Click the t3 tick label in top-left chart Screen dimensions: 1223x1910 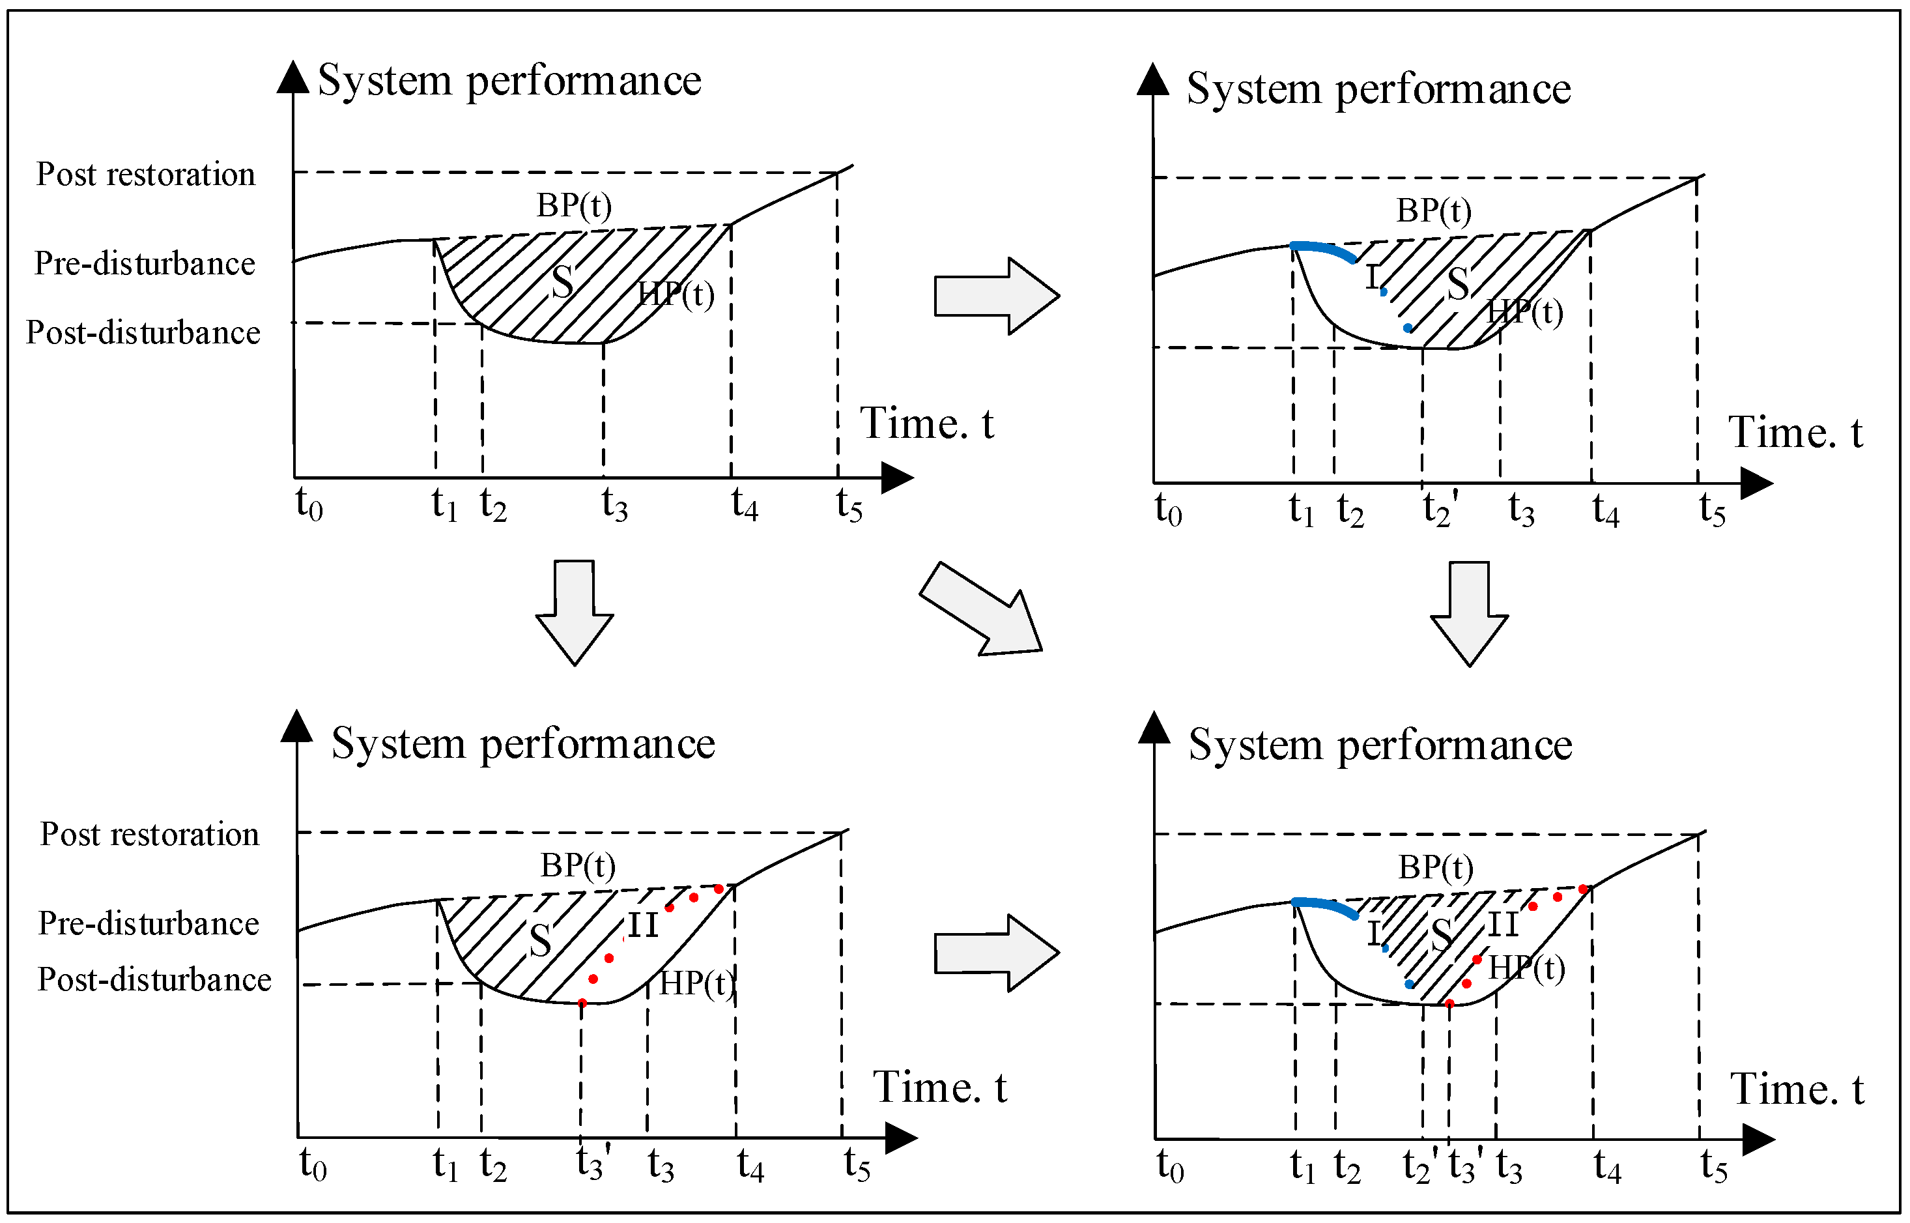[614, 504]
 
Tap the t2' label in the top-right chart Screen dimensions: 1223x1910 [1439, 508]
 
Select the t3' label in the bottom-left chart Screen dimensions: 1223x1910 [593, 1164]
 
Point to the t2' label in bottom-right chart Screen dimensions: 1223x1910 [1419, 1166]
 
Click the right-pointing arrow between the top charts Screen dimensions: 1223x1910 [996, 295]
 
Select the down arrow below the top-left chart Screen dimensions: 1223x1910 [575, 611]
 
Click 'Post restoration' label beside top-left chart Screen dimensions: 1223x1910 [146, 174]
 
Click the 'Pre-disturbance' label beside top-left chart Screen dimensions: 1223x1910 [145, 263]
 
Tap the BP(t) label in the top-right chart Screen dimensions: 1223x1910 [1434, 210]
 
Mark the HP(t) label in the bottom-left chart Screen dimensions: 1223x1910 [696, 983]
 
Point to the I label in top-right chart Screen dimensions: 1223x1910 [1373, 277]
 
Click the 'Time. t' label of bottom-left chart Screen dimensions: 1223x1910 [939, 1086]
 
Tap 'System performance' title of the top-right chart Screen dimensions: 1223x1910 [1378, 88]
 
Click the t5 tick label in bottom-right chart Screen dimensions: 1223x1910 [1714, 1166]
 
